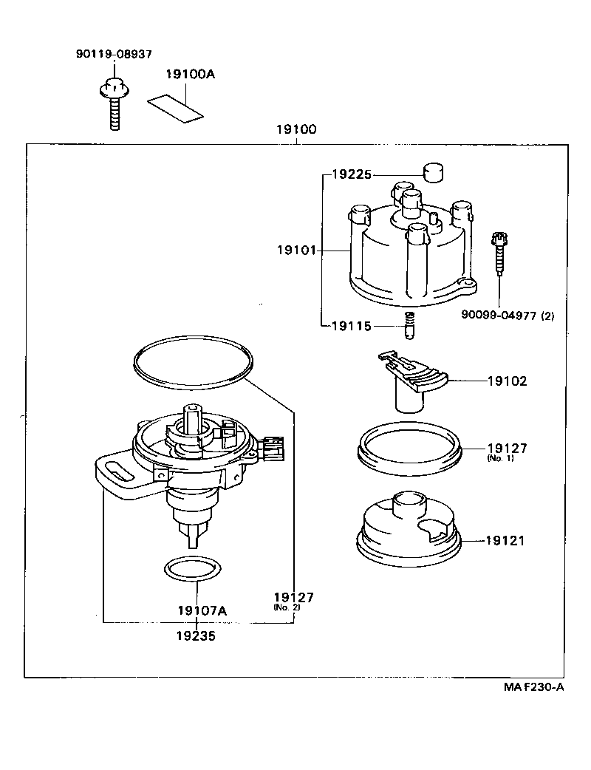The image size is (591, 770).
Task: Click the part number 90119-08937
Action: [x=114, y=54]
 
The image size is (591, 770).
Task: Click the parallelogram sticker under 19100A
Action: [x=175, y=107]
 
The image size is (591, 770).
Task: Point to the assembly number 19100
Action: [x=296, y=129]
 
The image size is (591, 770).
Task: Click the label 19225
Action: [x=352, y=175]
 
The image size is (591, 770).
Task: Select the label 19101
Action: [x=296, y=251]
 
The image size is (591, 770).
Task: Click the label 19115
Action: [x=352, y=326]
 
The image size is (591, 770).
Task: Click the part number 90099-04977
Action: [x=497, y=316]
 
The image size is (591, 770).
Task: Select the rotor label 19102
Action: [x=507, y=382]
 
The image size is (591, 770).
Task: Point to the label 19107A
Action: [x=202, y=611]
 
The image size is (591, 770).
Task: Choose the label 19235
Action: [x=196, y=635]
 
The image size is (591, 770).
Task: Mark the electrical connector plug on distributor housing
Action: [x=272, y=448]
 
